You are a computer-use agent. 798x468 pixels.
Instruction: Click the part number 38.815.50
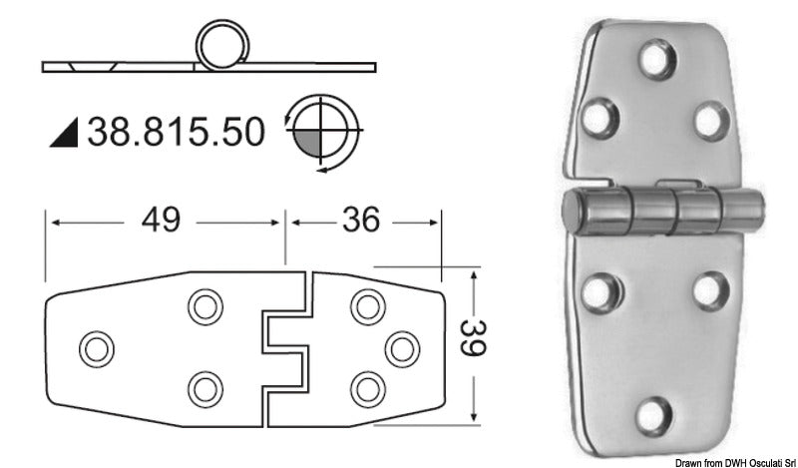coord(177,131)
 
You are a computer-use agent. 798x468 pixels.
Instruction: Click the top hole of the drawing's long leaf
coord(204,306)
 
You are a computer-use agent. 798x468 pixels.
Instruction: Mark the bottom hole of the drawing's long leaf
coord(204,387)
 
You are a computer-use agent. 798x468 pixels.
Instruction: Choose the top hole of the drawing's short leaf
coord(366,306)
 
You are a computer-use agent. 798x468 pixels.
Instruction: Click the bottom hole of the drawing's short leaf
coord(366,387)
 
